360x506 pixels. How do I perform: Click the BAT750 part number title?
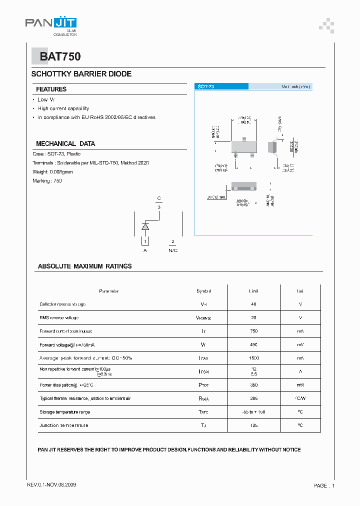[60, 57]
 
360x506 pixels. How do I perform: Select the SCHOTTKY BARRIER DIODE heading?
[81, 74]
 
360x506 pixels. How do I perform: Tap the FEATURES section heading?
[51, 89]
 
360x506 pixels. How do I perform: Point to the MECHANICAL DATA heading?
[65, 143]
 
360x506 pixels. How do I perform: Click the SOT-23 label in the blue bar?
[206, 86]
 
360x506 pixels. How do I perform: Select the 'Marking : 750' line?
[47, 181]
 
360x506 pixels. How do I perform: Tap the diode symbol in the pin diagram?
[145, 226]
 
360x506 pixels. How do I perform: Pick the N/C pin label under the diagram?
[173, 250]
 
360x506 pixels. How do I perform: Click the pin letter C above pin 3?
[159, 198]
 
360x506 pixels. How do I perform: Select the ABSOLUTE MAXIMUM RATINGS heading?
[85, 266]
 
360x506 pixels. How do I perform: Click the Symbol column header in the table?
[203, 291]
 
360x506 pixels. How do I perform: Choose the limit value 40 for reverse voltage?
[253, 304]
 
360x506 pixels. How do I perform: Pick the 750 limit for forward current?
[253, 331]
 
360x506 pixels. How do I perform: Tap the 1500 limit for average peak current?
[253, 358]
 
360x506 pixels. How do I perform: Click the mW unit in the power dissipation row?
[300, 385]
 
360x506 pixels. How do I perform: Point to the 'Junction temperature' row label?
[64, 425]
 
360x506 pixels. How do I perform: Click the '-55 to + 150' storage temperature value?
[253, 412]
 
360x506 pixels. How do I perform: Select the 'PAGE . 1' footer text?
[324, 485]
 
